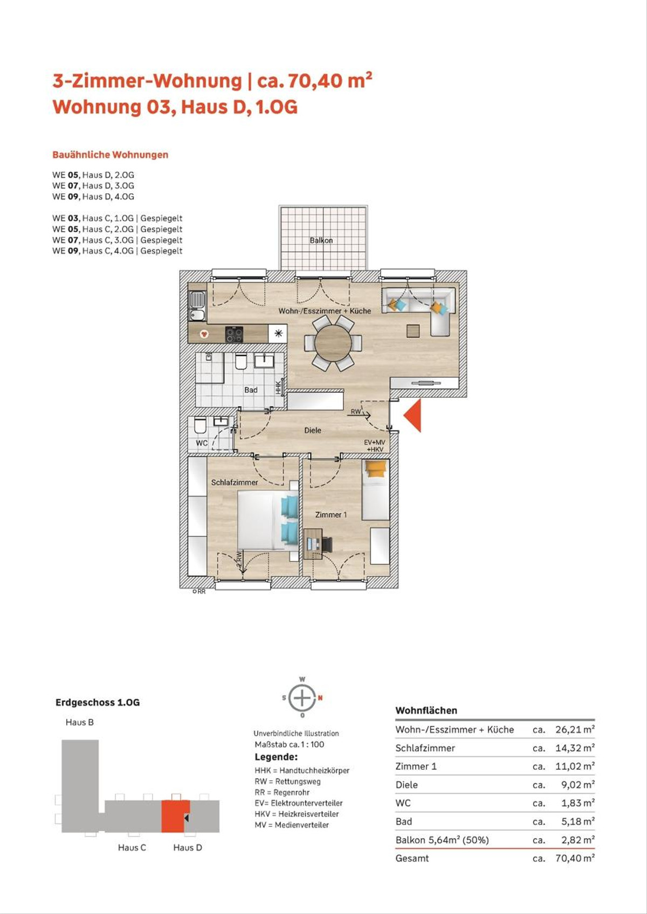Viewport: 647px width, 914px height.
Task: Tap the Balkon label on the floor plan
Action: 321,240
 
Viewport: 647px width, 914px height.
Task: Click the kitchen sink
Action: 198,306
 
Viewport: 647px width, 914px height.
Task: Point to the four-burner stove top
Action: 235,334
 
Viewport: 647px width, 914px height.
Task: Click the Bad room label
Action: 251,389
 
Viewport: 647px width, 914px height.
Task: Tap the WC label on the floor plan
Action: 201,443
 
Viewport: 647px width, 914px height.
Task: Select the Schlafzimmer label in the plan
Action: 235,482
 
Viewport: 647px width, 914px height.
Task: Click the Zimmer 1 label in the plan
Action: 331,515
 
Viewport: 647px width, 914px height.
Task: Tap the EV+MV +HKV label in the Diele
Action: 375,445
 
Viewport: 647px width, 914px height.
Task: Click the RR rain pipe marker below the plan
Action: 199,591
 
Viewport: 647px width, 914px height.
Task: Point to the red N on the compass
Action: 320,698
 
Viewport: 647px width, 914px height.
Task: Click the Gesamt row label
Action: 412,858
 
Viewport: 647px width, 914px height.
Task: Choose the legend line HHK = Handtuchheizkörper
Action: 302,770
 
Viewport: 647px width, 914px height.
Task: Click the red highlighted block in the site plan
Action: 176,816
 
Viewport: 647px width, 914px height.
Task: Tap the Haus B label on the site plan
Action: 80,722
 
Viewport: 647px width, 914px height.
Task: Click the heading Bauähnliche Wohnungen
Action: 111,155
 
